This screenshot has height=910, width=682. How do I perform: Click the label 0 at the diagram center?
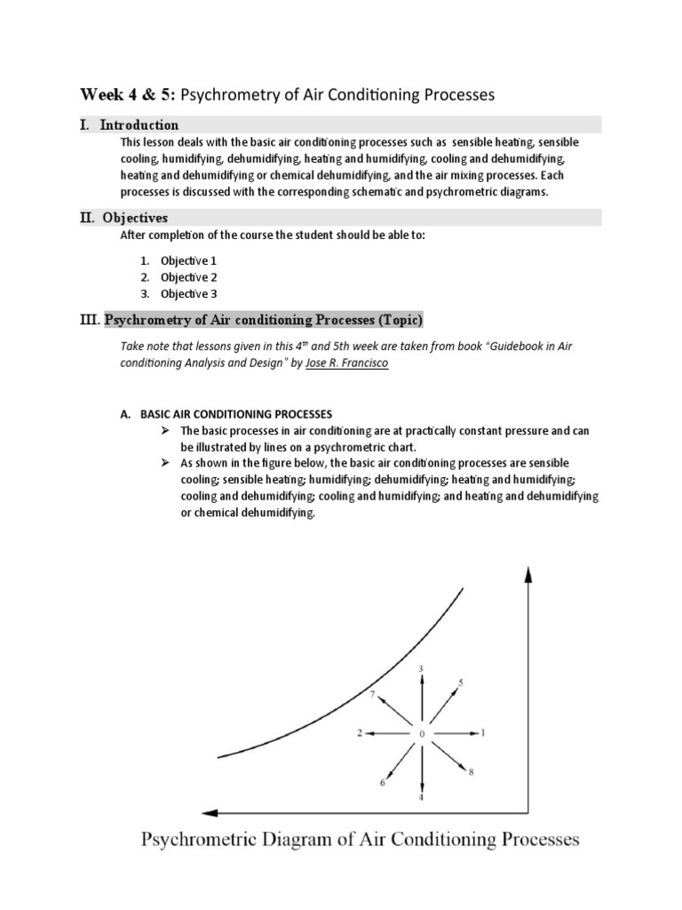pyautogui.click(x=422, y=733)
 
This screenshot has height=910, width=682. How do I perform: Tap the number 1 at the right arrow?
pyautogui.click(x=483, y=733)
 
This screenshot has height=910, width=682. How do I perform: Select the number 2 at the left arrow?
pyautogui.click(x=361, y=733)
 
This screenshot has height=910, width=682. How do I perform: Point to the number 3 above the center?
pyautogui.click(x=421, y=667)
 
